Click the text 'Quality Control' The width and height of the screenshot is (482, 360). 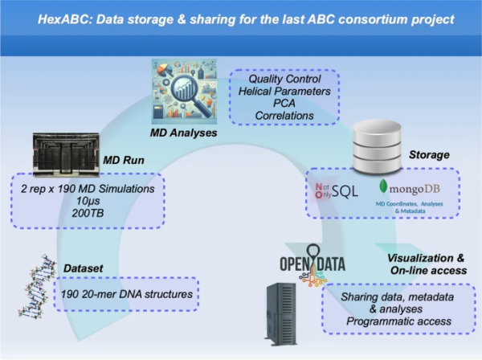point(285,80)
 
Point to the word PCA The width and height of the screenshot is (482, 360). point(285,103)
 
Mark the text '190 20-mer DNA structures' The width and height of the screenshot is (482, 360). point(135,294)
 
